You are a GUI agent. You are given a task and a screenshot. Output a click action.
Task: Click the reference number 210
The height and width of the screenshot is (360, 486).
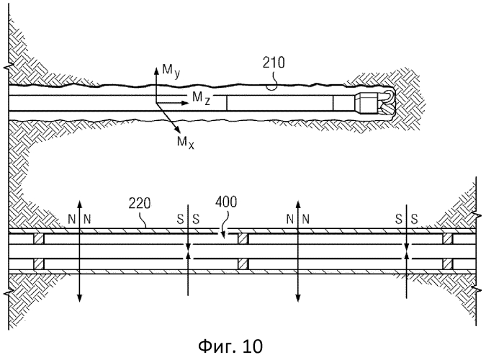275,63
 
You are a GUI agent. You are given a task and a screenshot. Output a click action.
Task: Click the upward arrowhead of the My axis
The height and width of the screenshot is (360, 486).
157,68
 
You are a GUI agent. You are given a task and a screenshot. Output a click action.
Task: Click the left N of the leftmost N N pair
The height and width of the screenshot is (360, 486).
70,218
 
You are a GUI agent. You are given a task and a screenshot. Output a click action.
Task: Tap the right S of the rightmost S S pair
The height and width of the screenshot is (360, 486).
414,218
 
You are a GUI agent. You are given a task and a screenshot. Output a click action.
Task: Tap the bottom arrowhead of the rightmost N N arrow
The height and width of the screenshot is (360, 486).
297,297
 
